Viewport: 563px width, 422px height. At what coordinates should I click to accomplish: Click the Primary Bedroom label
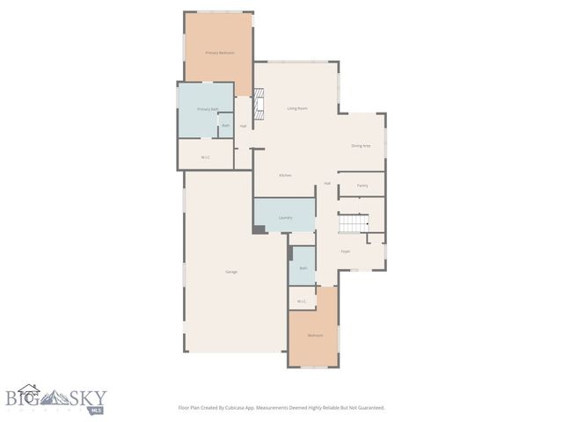(x=219, y=53)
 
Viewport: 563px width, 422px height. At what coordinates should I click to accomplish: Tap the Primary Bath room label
(x=208, y=109)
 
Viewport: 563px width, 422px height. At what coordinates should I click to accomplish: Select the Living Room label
(x=296, y=108)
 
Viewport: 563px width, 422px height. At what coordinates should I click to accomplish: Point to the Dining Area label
(x=361, y=146)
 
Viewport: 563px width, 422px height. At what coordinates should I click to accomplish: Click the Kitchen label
(x=285, y=176)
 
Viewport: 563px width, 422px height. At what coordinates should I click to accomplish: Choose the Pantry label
(x=362, y=186)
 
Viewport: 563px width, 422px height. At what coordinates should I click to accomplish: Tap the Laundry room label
(x=285, y=217)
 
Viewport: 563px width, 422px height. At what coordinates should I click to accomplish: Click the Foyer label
(x=346, y=251)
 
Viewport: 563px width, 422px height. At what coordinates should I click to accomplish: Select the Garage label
(x=231, y=272)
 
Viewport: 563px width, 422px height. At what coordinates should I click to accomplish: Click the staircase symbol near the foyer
(x=354, y=225)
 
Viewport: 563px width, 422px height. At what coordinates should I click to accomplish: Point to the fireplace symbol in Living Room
(x=258, y=108)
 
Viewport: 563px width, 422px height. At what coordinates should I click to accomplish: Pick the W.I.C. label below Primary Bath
(x=205, y=157)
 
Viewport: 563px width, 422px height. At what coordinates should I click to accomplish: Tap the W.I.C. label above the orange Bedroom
(x=301, y=302)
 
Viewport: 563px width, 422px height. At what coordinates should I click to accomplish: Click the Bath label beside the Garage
(x=303, y=268)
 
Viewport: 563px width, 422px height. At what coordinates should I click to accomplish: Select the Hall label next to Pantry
(x=327, y=184)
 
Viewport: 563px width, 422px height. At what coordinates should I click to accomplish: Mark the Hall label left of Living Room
(x=243, y=126)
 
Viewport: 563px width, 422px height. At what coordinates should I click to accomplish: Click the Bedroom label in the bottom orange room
(x=314, y=336)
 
